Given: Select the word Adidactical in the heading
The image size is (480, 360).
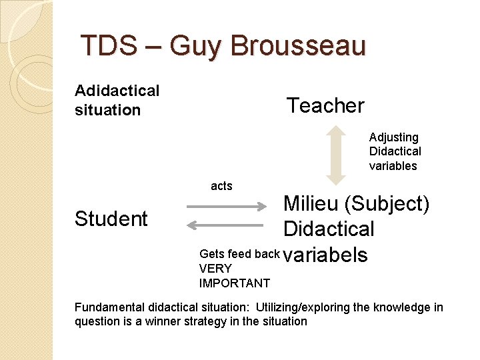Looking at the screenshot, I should (117, 90).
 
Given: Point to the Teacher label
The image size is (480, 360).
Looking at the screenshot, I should (325, 105).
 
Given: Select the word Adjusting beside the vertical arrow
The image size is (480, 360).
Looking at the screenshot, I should (394, 137).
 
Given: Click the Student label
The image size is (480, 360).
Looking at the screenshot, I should (111, 219).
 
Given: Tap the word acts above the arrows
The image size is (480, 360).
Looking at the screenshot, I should (221, 186).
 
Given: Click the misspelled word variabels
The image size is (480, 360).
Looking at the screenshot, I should (325, 254).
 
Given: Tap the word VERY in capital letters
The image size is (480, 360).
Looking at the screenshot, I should (215, 269).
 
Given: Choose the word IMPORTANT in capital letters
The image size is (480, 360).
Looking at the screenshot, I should (235, 283).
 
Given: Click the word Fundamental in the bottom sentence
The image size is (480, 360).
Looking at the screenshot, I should (109, 307).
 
